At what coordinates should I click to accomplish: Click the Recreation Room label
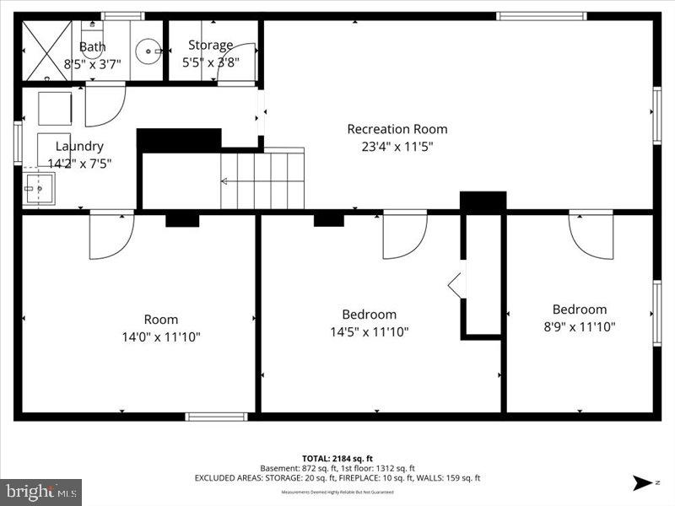click(x=397, y=129)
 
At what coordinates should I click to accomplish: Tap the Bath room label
click(x=92, y=46)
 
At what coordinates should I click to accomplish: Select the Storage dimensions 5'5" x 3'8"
click(x=210, y=62)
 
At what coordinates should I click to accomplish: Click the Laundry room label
click(x=79, y=146)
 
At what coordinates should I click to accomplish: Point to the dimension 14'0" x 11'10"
click(x=160, y=336)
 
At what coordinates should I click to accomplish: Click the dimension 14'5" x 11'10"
click(x=369, y=331)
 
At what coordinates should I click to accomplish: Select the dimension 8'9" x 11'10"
click(x=579, y=326)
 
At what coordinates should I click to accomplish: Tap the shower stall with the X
click(x=46, y=51)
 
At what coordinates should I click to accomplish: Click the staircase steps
click(x=262, y=180)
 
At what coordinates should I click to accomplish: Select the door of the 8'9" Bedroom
click(x=590, y=233)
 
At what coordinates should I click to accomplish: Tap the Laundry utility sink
click(x=38, y=189)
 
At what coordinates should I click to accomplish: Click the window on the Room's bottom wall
click(x=216, y=417)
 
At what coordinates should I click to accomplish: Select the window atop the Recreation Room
click(x=541, y=16)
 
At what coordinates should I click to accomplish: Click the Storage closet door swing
click(x=236, y=62)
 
